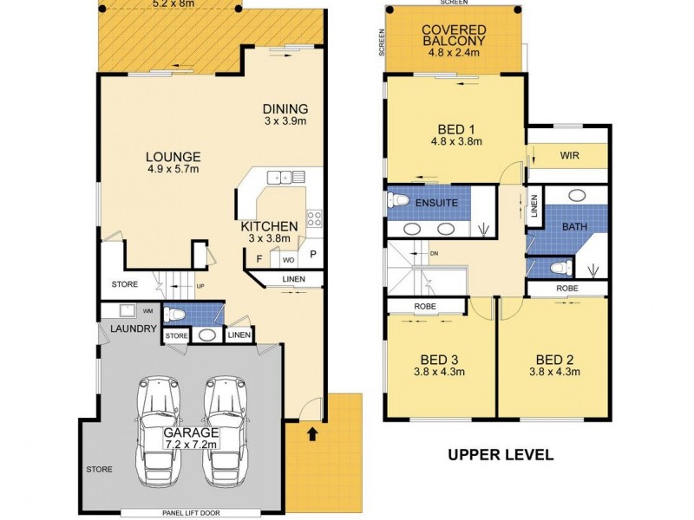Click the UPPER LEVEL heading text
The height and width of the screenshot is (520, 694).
point(501,453)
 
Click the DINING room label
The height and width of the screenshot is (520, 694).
point(285,109)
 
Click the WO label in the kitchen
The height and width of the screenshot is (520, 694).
point(286,257)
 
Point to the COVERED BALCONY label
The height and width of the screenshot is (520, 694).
point(453,35)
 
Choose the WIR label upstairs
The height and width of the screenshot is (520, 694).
point(569,156)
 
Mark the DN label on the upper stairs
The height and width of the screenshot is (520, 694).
point(435,254)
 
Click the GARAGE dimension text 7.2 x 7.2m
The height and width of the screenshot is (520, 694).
point(191,445)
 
